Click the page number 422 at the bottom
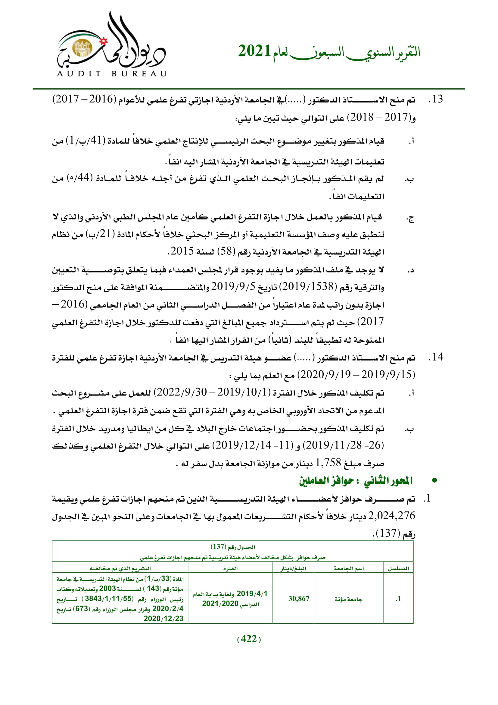coord(249,639)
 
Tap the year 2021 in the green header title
coord(254,51)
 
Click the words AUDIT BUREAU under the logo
coord(112,74)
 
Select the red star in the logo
coord(104,40)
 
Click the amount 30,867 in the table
coord(299,599)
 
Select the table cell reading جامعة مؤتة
coord(348,599)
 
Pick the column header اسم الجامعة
coord(349,568)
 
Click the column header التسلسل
coord(398,568)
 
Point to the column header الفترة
coord(230,568)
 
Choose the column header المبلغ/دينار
coord(293,568)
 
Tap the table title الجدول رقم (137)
coord(233,547)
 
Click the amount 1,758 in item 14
coord(328,462)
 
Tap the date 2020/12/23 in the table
coord(163,618)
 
